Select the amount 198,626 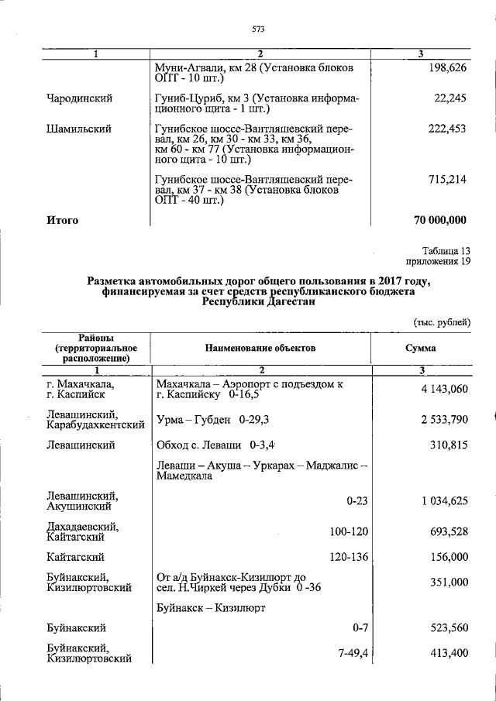pos(446,68)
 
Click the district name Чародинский pos(79,99)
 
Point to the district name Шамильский pos(77,129)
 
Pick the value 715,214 pos(446,180)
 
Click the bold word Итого pos(63,220)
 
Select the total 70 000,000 pos(439,220)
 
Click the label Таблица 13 pos(446,251)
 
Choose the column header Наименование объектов pos(260,349)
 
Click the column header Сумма pos(419,349)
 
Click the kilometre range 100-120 pos(348,531)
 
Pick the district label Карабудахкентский pos(96,425)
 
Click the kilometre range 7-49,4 pos(353,653)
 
